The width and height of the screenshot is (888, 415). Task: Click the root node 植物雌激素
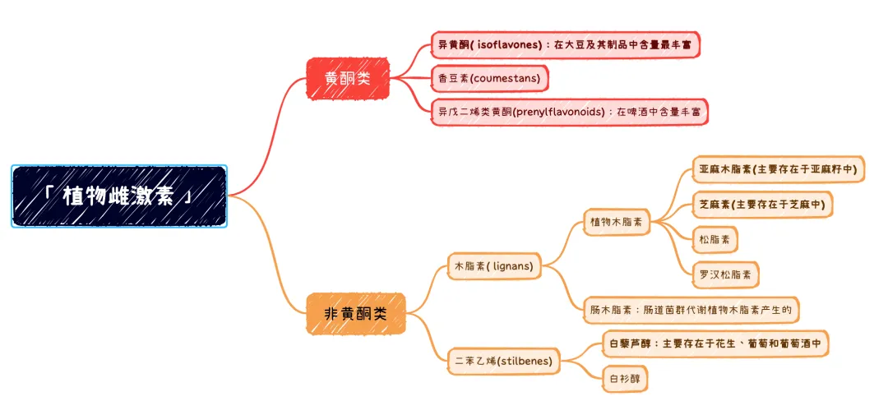119,196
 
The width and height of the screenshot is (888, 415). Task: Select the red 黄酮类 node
348,79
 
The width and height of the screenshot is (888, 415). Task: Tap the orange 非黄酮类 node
356,313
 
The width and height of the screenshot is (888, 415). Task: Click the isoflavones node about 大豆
566,45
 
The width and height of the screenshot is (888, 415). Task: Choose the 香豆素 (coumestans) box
489,78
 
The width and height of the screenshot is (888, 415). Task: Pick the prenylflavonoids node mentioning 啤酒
569,112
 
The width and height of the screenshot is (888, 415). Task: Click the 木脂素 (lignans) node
494,265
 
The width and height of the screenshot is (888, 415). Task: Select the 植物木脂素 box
617,222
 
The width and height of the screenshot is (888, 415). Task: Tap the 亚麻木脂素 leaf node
777,169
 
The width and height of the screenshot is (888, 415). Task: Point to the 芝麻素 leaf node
761,204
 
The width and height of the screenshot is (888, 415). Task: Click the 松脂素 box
715,239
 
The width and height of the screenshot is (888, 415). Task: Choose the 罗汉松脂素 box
725,274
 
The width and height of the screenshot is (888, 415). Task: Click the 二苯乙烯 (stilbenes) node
504,361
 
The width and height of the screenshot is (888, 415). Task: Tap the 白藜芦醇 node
715,344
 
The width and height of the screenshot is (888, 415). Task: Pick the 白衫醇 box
625,379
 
